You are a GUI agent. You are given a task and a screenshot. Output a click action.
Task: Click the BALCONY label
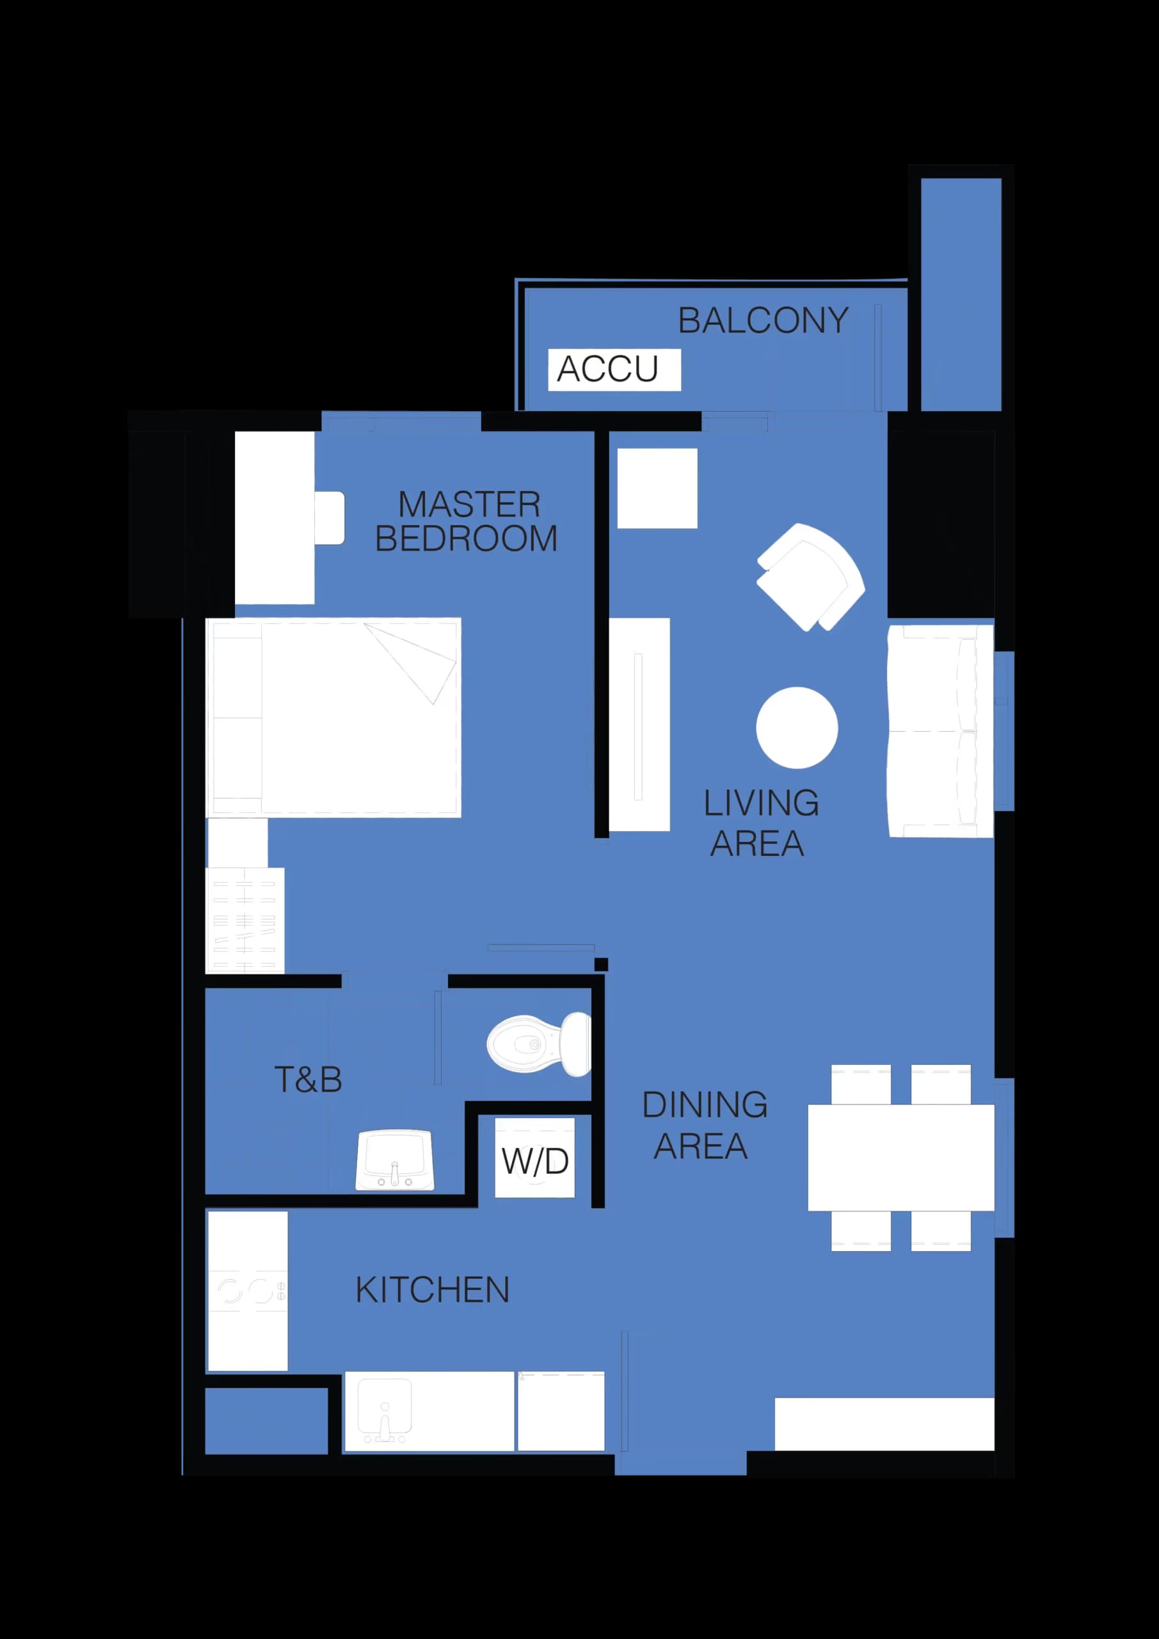click(x=763, y=321)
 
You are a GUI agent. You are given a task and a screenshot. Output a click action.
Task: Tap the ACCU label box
click(x=614, y=369)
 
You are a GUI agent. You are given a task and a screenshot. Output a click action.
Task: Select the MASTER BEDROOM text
click(x=467, y=522)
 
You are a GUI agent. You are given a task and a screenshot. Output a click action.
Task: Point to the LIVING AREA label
click(x=761, y=823)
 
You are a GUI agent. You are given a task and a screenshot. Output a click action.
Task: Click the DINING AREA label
click(x=704, y=1126)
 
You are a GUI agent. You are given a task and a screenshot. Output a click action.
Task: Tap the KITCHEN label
click(x=433, y=1290)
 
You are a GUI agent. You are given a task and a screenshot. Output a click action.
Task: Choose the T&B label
click(x=308, y=1079)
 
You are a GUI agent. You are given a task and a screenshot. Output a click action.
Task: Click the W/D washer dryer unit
click(x=534, y=1161)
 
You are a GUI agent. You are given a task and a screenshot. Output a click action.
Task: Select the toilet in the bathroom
click(x=539, y=1044)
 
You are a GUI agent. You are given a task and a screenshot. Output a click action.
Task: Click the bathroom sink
click(x=395, y=1161)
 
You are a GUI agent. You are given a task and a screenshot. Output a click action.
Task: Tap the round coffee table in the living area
click(x=797, y=728)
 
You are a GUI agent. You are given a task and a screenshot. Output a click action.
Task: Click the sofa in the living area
click(x=940, y=731)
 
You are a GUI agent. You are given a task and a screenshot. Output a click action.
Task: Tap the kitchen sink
click(x=385, y=1410)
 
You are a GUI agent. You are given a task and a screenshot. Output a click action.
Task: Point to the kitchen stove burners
click(x=247, y=1291)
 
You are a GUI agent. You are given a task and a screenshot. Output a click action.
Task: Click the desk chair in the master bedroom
click(x=330, y=518)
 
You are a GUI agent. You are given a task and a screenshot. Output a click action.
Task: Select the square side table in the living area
click(x=657, y=488)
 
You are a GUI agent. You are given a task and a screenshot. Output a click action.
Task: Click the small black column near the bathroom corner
click(x=601, y=964)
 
